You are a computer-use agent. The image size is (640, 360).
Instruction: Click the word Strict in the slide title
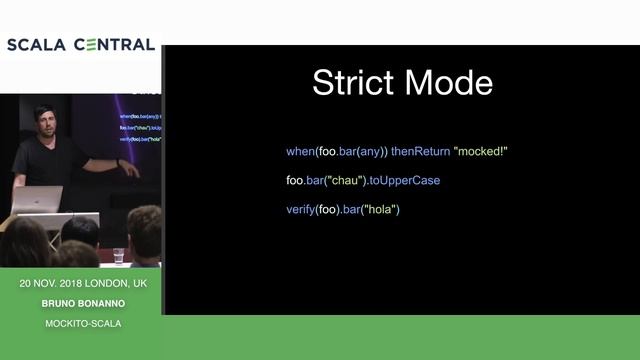pyautogui.click(x=348, y=82)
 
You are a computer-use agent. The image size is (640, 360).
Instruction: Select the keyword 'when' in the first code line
pyautogui.click(x=299, y=151)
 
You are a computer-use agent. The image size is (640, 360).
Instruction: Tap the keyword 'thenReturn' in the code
pyautogui.click(x=419, y=151)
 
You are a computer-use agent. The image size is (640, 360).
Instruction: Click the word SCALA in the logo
pyautogui.click(x=36, y=45)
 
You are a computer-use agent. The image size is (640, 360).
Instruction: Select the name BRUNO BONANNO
pyautogui.click(x=83, y=303)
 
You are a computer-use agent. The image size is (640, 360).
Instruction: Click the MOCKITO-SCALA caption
pyautogui.click(x=83, y=323)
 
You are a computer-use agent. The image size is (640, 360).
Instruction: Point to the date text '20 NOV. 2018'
pyautogui.click(x=53, y=284)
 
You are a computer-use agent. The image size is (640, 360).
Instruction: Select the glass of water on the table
pyautogui.click(x=118, y=255)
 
